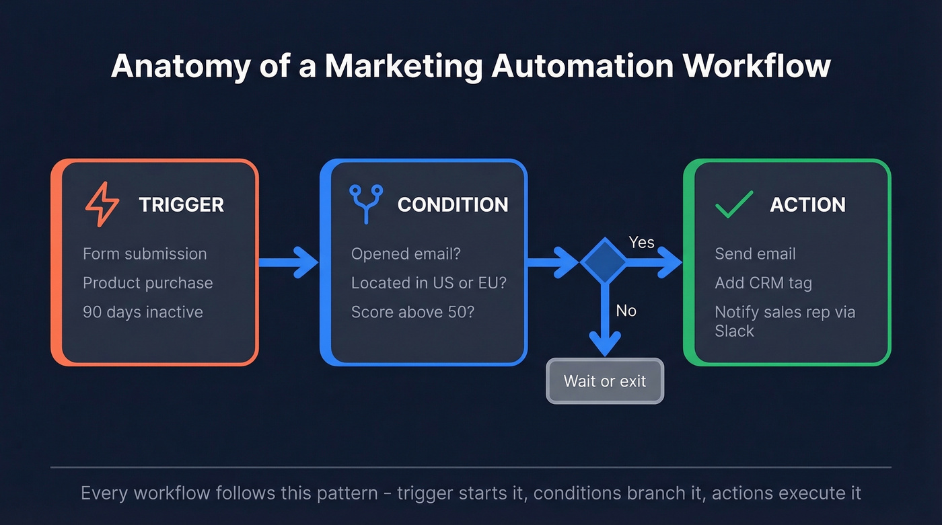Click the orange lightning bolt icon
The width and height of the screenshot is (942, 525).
click(102, 204)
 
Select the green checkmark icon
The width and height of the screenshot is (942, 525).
click(733, 204)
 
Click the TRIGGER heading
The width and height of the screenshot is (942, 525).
click(181, 205)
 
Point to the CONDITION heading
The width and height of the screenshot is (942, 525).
click(453, 205)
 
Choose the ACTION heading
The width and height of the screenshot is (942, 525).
click(807, 205)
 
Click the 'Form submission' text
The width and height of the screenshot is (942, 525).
click(145, 254)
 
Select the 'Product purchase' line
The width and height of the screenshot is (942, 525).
click(147, 283)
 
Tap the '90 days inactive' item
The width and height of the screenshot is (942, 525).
click(143, 312)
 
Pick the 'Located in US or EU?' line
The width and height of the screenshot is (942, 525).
click(429, 283)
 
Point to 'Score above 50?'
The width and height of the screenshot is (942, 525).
click(412, 312)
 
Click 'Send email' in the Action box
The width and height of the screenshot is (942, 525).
click(755, 254)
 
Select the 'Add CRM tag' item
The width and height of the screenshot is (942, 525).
click(763, 283)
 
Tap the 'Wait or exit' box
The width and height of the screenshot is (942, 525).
click(605, 381)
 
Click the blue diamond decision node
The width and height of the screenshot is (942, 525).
click(604, 261)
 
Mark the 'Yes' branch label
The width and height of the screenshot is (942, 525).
click(641, 243)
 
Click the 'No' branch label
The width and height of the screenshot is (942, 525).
click(626, 311)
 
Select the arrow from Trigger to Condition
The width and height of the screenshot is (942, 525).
click(288, 261)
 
